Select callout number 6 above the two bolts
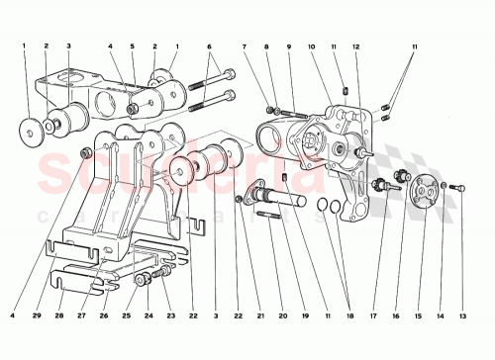pos(208,46)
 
